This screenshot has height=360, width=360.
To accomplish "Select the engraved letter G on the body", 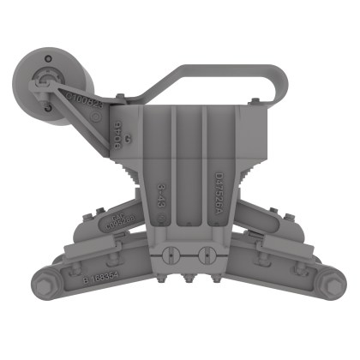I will (128, 140).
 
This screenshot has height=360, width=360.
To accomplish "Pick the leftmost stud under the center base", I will (162, 279).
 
